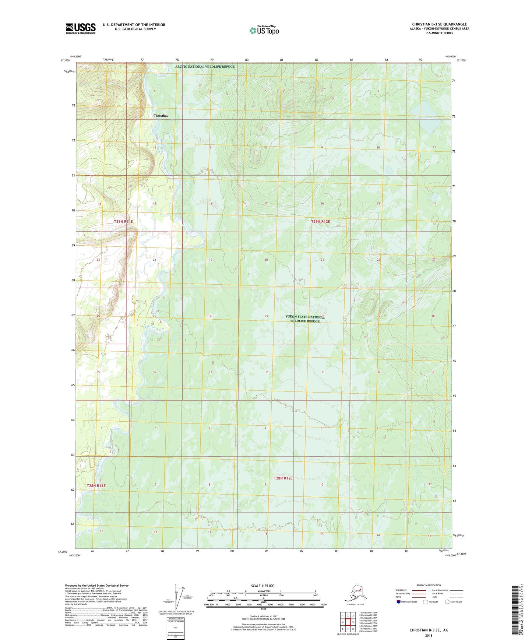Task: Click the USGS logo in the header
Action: click(80, 28)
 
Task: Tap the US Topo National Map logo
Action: click(264, 30)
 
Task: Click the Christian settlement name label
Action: click(161, 116)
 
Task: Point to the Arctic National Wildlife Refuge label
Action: click(205, 67)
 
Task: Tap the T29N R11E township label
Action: click(123, 222)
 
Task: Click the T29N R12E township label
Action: click(320, 222)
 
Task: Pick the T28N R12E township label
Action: click(283, 478)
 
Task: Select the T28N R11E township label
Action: click(96, 486)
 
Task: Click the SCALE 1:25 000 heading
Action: click(263, 586)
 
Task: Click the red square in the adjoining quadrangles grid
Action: click(348, 623)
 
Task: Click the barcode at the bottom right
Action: click(515, 611)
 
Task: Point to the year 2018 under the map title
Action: click(429, 635)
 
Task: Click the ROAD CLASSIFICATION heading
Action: click(429, 585)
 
